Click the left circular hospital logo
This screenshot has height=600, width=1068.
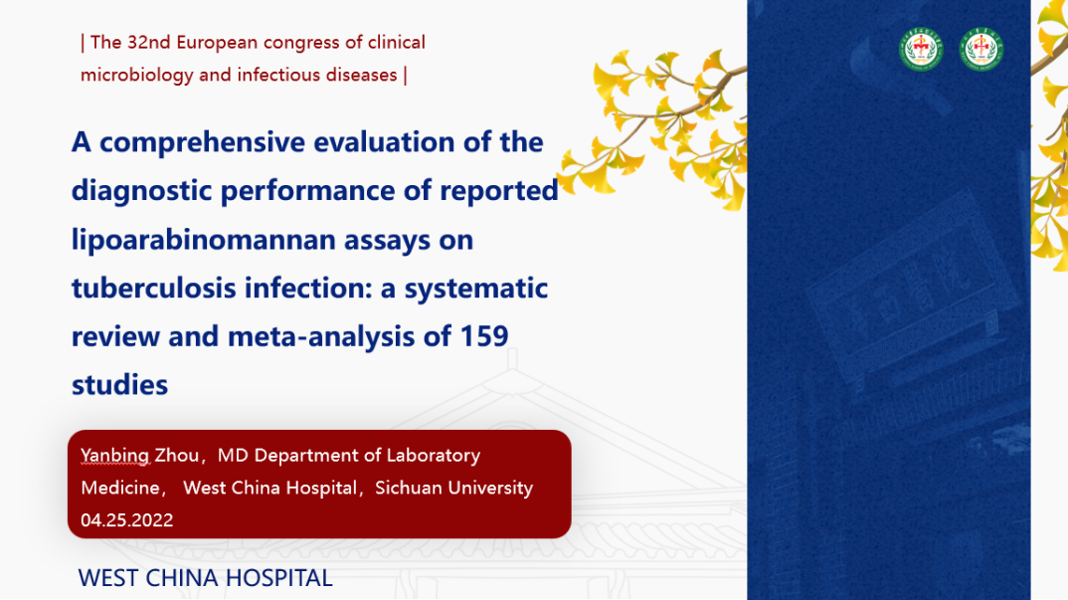(921, 49)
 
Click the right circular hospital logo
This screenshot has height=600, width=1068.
(980, 49)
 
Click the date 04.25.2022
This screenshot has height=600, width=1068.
(126, 520)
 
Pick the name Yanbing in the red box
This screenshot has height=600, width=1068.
(114, 456)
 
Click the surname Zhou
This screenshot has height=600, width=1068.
(177, 456)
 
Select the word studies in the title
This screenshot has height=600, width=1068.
(120, 385)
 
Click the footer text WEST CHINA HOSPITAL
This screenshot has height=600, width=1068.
(205, 578)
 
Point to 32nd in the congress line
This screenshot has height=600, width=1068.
(148, 42)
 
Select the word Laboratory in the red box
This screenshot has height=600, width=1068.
(434, 456)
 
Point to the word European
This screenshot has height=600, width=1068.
(217, 43)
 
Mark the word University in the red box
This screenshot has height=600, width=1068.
(488, 489)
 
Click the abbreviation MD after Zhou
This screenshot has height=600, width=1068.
(233, 456)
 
